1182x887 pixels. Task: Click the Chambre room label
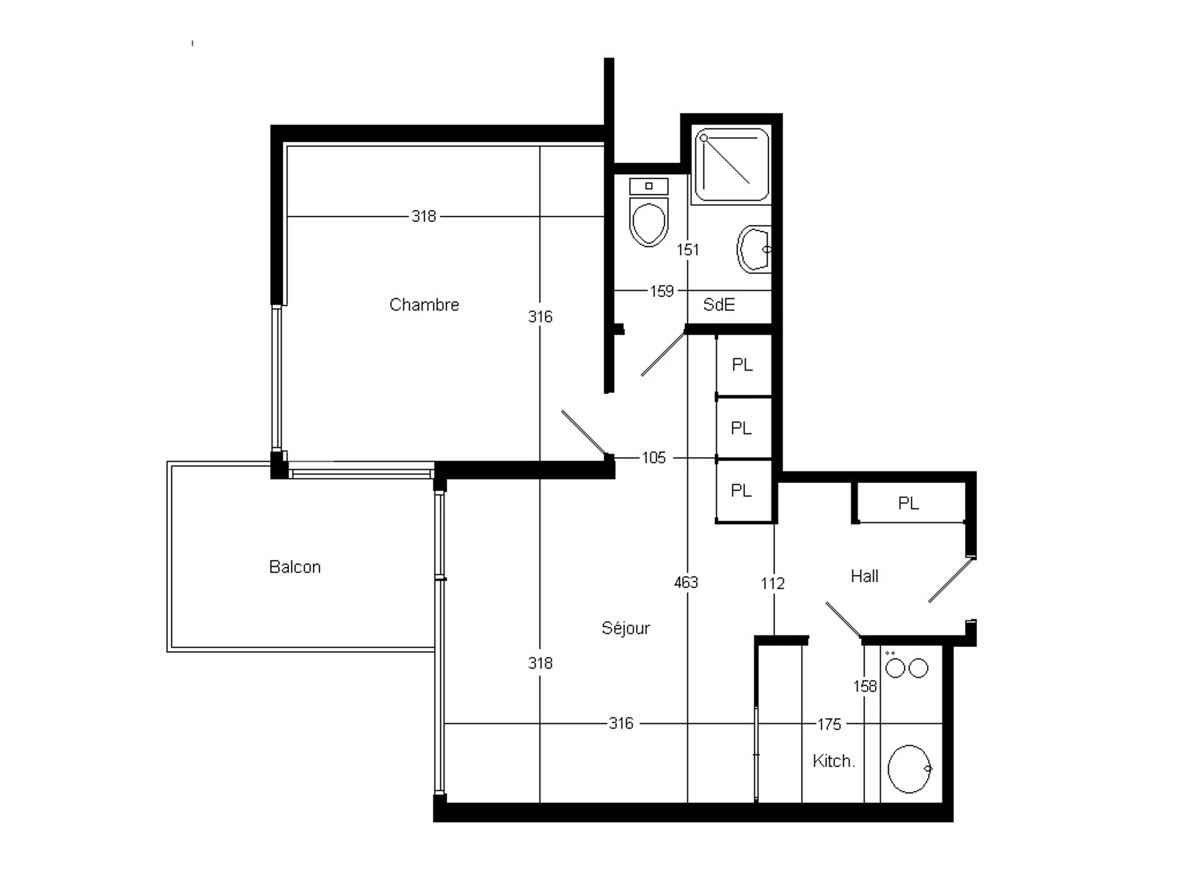pos(424,305)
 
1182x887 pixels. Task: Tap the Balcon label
pos(295,567)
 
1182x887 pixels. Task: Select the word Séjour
pos(626,628)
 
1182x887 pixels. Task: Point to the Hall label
pos(865,576)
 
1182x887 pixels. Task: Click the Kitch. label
pos(834,761)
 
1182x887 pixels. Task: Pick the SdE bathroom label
pos(719,305)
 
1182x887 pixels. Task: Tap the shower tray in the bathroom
pos(732,165)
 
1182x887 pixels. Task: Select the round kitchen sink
pos(910,769)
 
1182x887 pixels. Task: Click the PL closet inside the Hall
pos(908,503)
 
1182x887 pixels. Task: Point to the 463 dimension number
pos(686,582)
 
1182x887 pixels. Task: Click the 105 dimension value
pos(654,458)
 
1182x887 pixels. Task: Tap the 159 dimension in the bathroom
pos(661,291)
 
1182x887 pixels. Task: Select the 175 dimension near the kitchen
pos(829,724)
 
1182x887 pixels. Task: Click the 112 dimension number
pos(773,583)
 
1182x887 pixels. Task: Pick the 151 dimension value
pos(688,250)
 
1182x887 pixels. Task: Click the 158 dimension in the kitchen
pos(865,686)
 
